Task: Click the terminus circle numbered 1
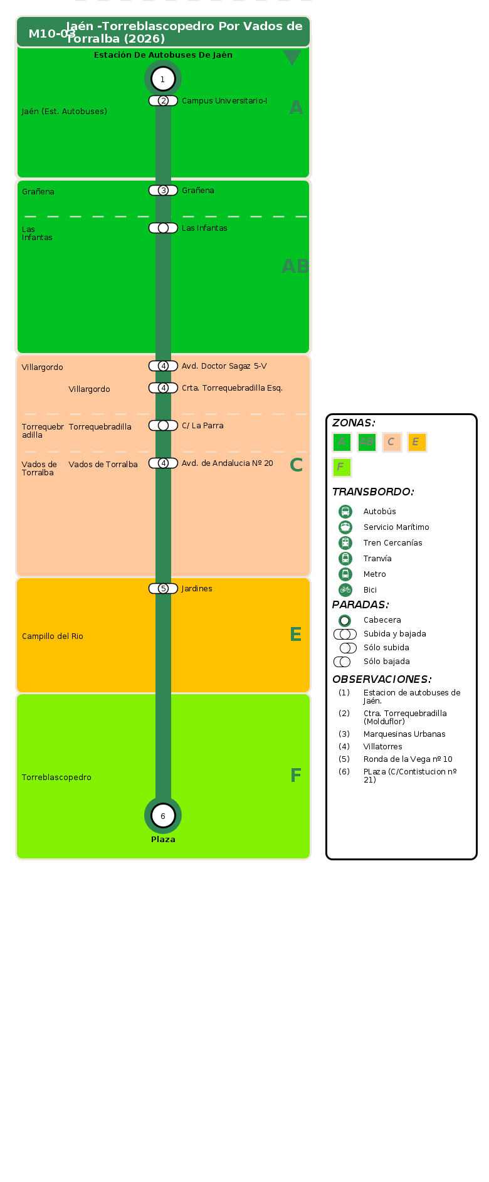click(x=163, y=79)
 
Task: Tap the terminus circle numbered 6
click(x=163, y=816)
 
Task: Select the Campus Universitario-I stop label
click(x=224, y=101)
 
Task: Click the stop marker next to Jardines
click(x=163, y=588)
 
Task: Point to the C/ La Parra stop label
click(x=202, y=426)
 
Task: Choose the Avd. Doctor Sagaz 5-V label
click(x=224, y=366)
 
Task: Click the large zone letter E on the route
click(x=296, y=635)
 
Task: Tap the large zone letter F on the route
click(x=296, y=776)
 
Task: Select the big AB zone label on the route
click(x=295, y=266)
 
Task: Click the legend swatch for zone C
click(x=392, y=442)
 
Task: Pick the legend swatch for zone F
click(x=342, y=467)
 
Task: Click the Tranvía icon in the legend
click(x=345, y=558)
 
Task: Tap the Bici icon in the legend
click(x=345, y=589)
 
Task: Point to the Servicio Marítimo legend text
click(x=396, y=527)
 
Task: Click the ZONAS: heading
click(x=354, y=423)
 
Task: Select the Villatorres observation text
click(x=382, y=747)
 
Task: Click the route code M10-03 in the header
click(x=52, y=34)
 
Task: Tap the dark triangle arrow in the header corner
click(x=292, y=57)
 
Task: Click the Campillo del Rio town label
click(x=53, y=636)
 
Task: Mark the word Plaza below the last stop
click(x=163, y=840)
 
